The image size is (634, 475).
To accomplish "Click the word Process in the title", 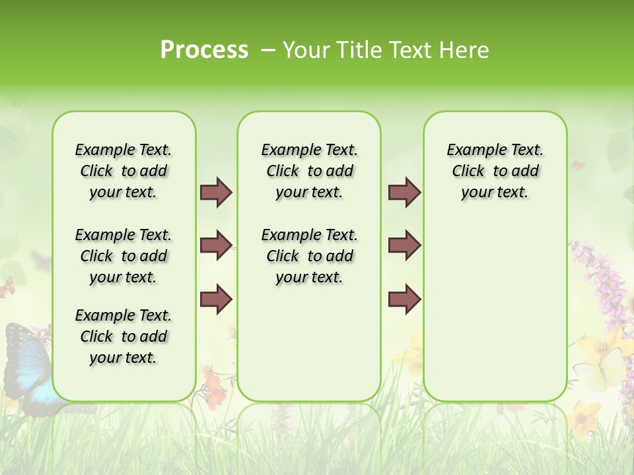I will (203, 50).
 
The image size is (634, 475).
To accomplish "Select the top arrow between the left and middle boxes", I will (216, 193).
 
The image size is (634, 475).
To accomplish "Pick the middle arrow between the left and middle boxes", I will (216, 246).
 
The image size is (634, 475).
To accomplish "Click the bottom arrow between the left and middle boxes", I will (216, 300).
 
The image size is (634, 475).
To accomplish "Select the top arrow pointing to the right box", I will (404, 193).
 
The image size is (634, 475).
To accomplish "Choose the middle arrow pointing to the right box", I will (404, 246).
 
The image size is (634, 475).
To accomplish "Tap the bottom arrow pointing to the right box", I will (404, 300).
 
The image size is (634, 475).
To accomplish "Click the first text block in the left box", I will (123, 171).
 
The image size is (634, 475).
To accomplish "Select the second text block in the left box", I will (123, 256).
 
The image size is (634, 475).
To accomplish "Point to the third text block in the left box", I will (123, 336).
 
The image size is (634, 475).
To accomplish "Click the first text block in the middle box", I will (309, 171).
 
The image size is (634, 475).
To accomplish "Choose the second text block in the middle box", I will (309, 256).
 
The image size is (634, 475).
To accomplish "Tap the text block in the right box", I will (495, 171).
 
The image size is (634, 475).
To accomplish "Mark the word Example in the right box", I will (472, 150).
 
